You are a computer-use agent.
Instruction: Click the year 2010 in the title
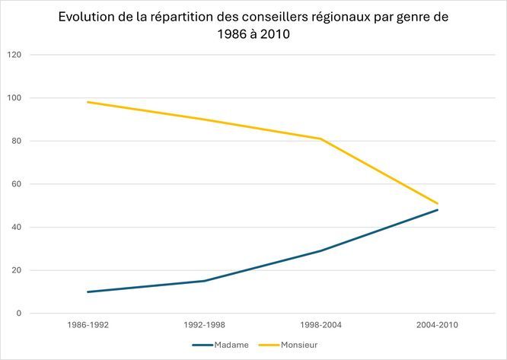pos(273,35)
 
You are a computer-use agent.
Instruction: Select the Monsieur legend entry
pos(299,345)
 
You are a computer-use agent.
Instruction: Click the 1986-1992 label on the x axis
pos(88,325)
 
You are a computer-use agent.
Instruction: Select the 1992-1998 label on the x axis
pos(204,325)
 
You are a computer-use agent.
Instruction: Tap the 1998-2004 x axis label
pos(320,325)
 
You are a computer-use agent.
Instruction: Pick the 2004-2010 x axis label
pos(438,325)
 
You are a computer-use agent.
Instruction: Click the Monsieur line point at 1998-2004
pos(320,139)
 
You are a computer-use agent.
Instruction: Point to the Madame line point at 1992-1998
pos(204,281)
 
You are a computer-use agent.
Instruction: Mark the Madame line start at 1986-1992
pos(88,292)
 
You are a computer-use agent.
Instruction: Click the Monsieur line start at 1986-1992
pos(88,102)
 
